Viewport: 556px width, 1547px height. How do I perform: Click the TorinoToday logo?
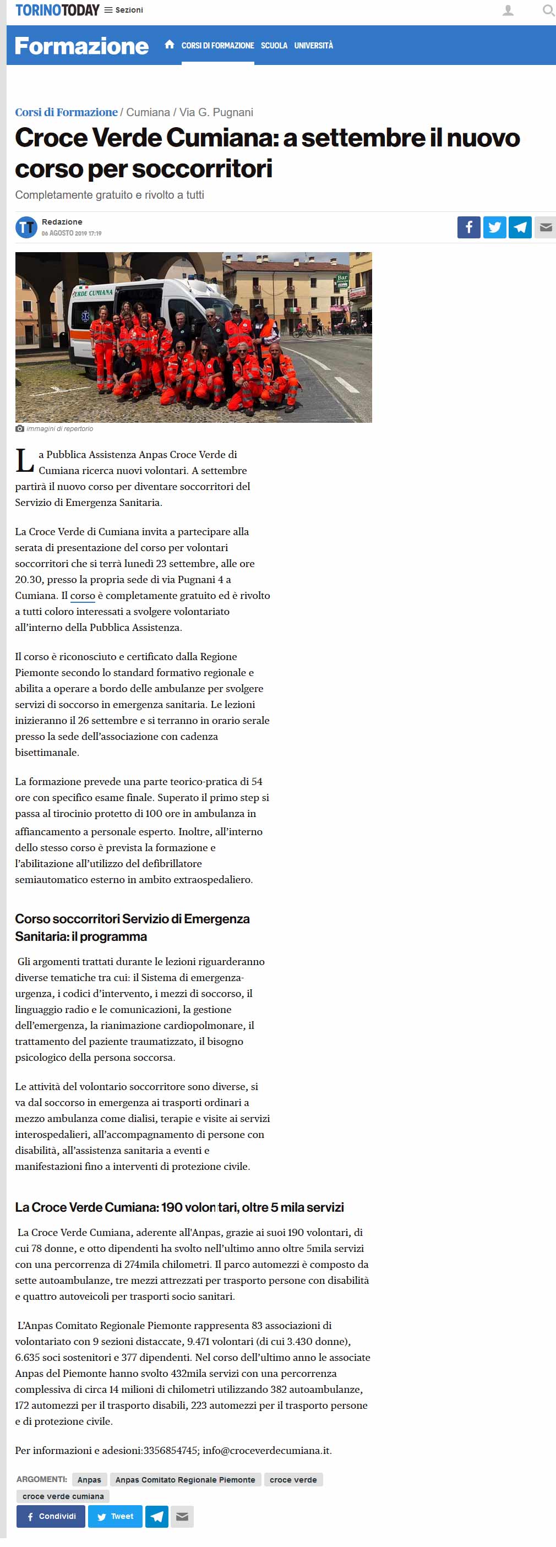57,10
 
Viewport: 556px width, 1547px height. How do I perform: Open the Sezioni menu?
124,10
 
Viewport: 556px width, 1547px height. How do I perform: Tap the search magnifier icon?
548,10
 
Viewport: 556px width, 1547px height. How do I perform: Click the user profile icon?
508,10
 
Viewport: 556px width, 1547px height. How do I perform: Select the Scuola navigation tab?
274,46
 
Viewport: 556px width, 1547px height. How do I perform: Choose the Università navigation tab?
313,46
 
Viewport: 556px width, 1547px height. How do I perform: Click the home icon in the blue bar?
170,45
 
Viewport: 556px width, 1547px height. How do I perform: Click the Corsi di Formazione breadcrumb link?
66,112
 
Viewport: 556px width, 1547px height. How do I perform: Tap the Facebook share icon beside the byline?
468,227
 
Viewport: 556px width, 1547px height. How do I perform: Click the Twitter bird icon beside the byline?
494,227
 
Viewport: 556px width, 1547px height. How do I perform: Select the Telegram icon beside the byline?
520,227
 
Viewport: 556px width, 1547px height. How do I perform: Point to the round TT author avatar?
26,227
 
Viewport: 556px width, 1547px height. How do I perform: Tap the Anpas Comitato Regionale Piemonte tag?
185,1479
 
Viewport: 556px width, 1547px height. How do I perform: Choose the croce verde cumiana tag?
63,1496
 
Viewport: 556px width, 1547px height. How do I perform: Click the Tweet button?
115,1516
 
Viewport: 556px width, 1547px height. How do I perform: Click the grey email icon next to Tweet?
182,1516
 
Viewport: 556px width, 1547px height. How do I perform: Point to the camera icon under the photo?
20,429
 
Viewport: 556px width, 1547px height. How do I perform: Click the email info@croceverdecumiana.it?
266,1450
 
